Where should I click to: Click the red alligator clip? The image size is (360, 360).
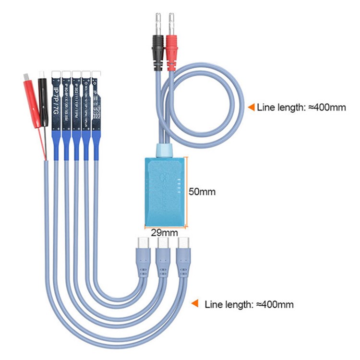[x=32, y=99]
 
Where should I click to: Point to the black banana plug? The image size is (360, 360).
[x=158, y=48]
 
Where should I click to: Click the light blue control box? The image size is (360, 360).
[x=164, y=190]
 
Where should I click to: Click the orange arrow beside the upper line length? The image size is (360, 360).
[x=250, y=108]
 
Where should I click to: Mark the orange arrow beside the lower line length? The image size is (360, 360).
[x=195, y=303]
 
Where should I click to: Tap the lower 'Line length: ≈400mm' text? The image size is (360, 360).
[x=249, y=304]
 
